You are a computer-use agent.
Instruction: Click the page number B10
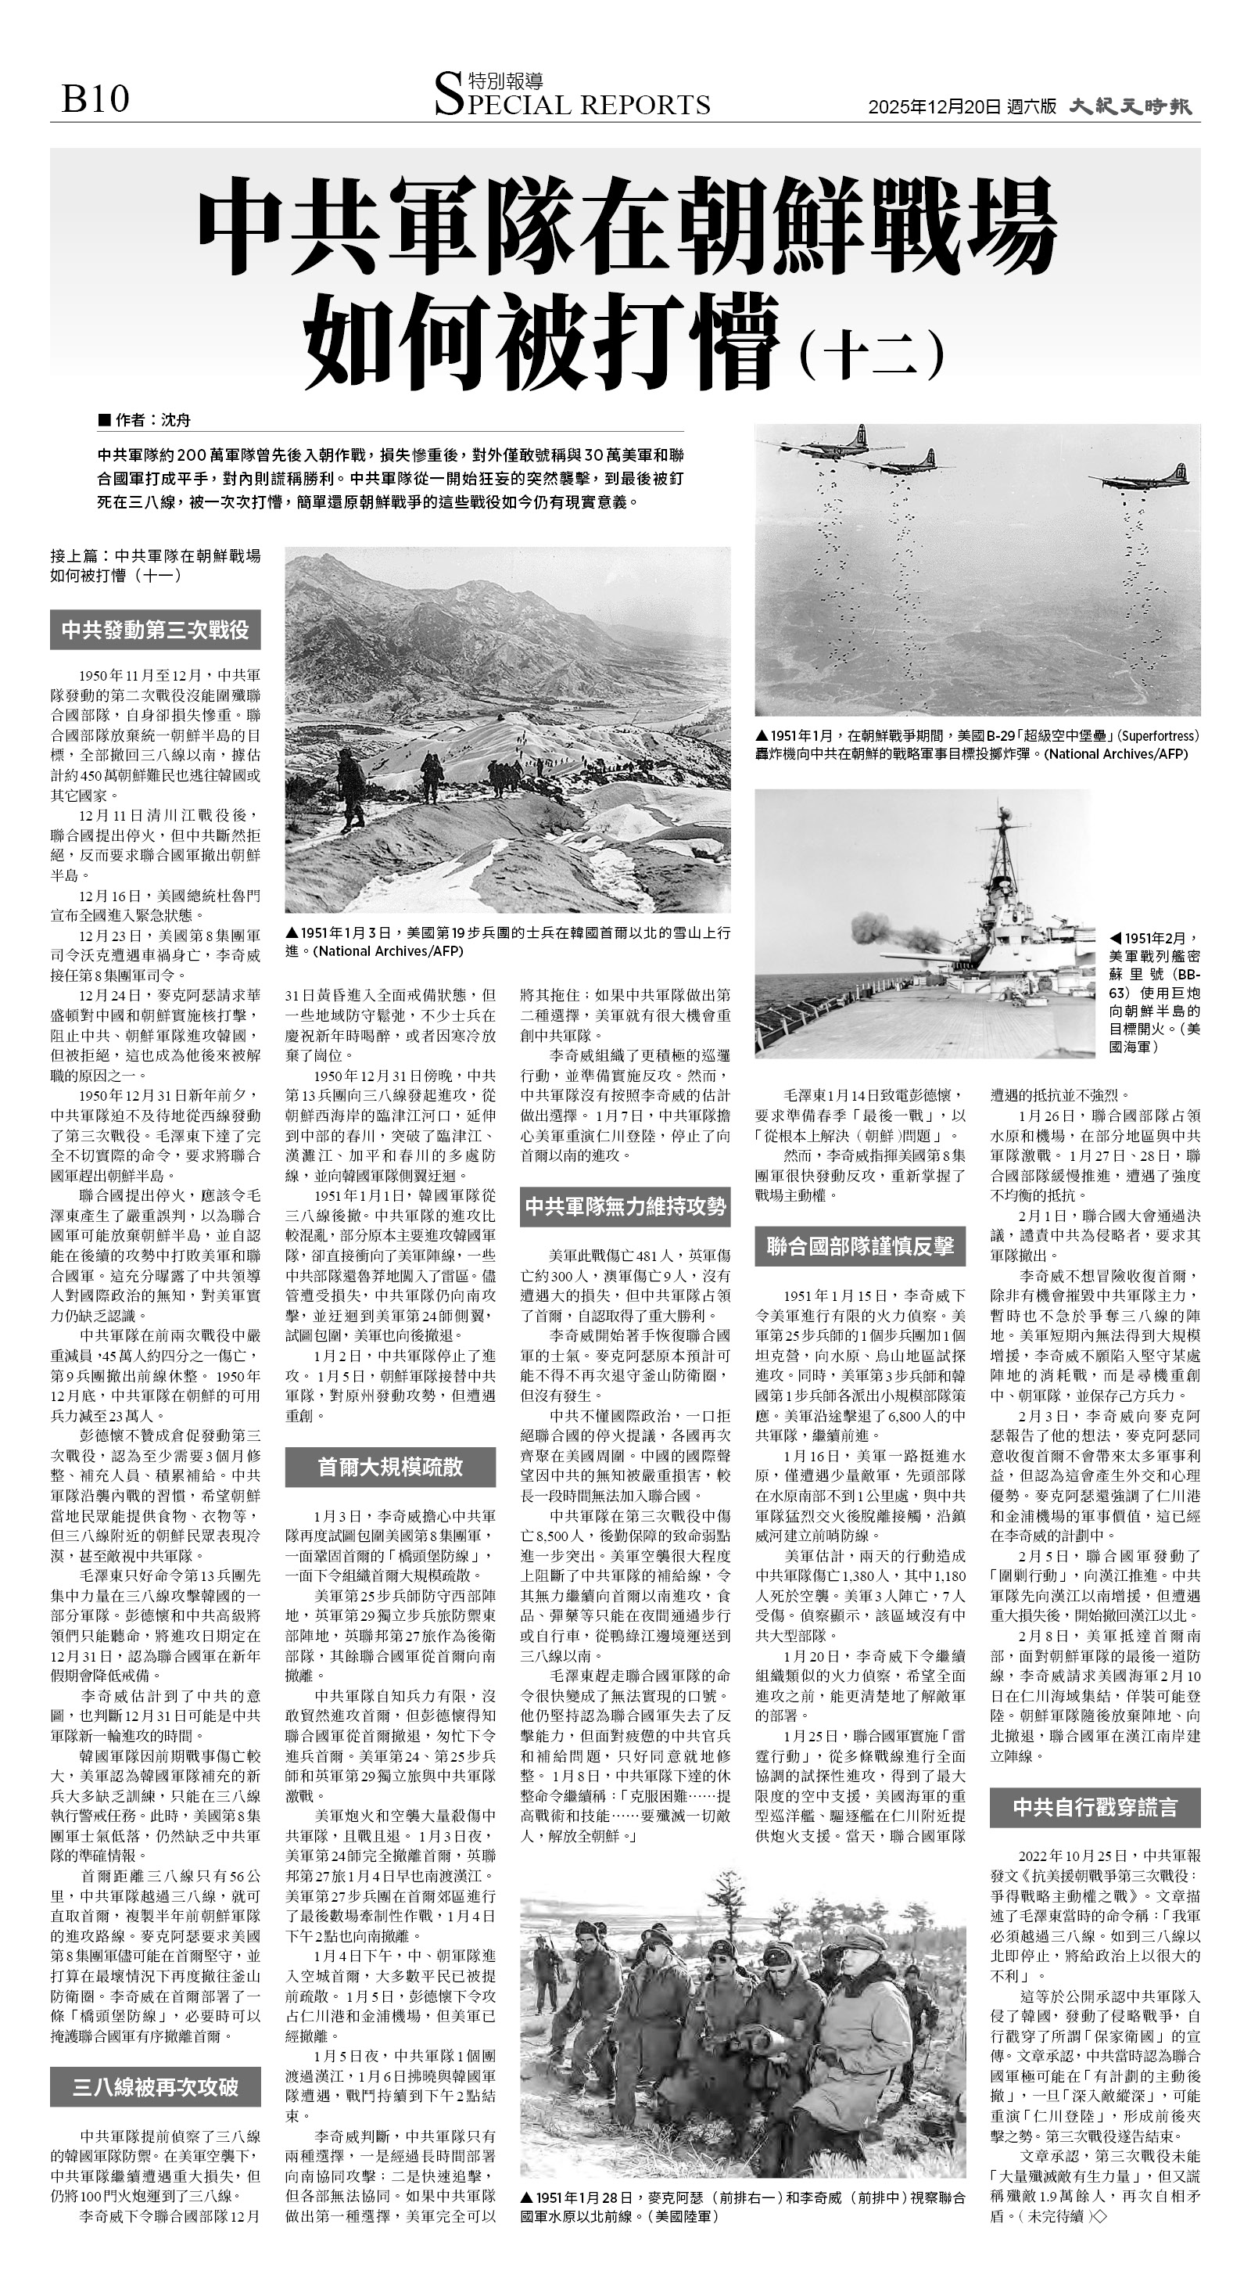pos(95,99)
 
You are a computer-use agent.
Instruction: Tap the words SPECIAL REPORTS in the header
pos(572,104)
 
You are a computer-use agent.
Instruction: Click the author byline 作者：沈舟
pos(146,420)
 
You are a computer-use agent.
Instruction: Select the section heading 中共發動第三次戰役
pos(156,631)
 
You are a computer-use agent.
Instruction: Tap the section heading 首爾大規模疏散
pos(390,1466)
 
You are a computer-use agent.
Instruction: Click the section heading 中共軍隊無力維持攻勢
pos(625,1206)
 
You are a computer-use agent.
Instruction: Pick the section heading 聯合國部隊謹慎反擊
pos(860,1246)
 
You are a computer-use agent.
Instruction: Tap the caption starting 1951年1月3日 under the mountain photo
pos(507,942)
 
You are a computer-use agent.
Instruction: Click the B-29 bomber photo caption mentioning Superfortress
pos(977,745)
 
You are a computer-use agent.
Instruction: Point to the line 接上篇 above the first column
pos(156,565)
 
